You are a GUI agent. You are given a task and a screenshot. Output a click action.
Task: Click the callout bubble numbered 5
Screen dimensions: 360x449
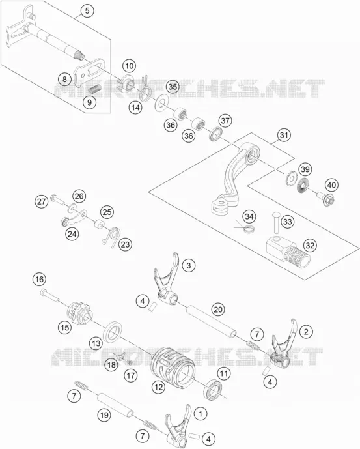(87, 11)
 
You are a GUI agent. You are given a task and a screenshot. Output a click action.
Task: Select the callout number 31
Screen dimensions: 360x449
(284, 135)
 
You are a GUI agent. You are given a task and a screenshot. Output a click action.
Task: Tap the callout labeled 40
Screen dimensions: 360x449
(331, 185)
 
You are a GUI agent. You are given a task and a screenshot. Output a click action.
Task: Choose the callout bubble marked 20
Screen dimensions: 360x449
(218, 310)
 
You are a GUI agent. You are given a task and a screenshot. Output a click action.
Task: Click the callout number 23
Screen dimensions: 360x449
(125, 244)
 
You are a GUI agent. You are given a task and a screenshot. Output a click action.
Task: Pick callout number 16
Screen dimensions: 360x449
(39, 279)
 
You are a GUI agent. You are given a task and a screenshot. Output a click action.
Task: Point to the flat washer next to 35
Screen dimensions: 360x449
(161, 102)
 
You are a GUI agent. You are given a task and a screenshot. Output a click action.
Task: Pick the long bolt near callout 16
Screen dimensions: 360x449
(49, 296)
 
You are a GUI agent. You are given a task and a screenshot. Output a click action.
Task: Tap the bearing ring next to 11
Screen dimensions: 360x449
(214, 390)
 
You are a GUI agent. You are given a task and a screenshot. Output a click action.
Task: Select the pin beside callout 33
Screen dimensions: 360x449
(275, 222)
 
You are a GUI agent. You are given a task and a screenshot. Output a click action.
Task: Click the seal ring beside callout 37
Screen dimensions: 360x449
(216, 134)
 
